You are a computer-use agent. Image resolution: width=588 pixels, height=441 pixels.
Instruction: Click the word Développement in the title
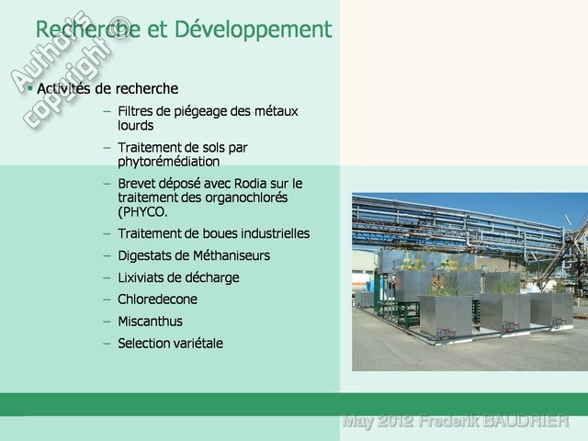(254, 29)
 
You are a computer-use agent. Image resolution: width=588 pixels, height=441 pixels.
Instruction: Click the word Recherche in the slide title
(88, 28)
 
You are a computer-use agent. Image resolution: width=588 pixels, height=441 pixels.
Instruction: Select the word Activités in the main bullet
(63, 88)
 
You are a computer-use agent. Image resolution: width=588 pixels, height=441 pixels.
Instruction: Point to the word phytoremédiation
(169, 162)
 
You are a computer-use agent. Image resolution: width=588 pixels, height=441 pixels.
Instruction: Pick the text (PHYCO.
(142, 212)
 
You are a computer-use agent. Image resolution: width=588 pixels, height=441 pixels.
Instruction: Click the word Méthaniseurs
(232, 255)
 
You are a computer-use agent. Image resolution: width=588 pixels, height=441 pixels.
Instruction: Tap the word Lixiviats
(141, 277)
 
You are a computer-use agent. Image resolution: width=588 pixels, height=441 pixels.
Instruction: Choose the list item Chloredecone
(157, 300)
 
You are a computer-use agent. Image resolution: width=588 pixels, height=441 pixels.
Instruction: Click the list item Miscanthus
(150, 322)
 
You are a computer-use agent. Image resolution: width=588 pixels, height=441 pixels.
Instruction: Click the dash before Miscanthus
(107, 322)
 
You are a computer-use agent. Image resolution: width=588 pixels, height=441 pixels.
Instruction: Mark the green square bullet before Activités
(30, 88)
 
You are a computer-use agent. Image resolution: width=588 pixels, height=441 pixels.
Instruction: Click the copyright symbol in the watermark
(119, 28)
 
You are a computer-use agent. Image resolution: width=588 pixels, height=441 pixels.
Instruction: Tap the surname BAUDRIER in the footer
(525, 421)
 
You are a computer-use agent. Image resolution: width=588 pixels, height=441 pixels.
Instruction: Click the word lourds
(135, 125)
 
